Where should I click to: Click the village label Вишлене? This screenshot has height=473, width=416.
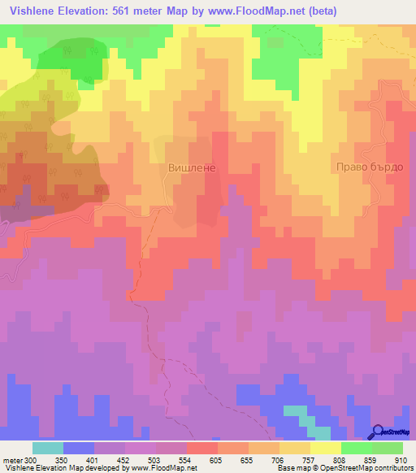point(191,167)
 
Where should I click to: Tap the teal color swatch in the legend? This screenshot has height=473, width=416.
point(47,448)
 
